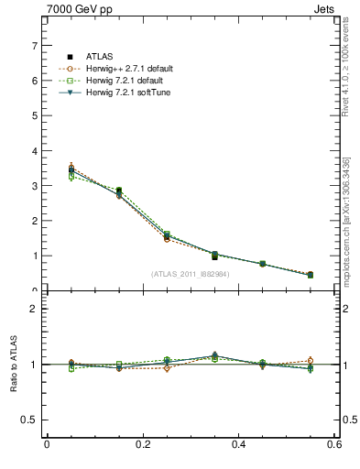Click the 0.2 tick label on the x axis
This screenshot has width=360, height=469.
(x=142, y=445)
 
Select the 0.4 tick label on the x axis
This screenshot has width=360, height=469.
(x=238, y=445)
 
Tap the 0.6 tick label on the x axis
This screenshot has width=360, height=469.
(x=334, y=445)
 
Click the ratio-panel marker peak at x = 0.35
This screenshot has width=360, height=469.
(x=214, y=355)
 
